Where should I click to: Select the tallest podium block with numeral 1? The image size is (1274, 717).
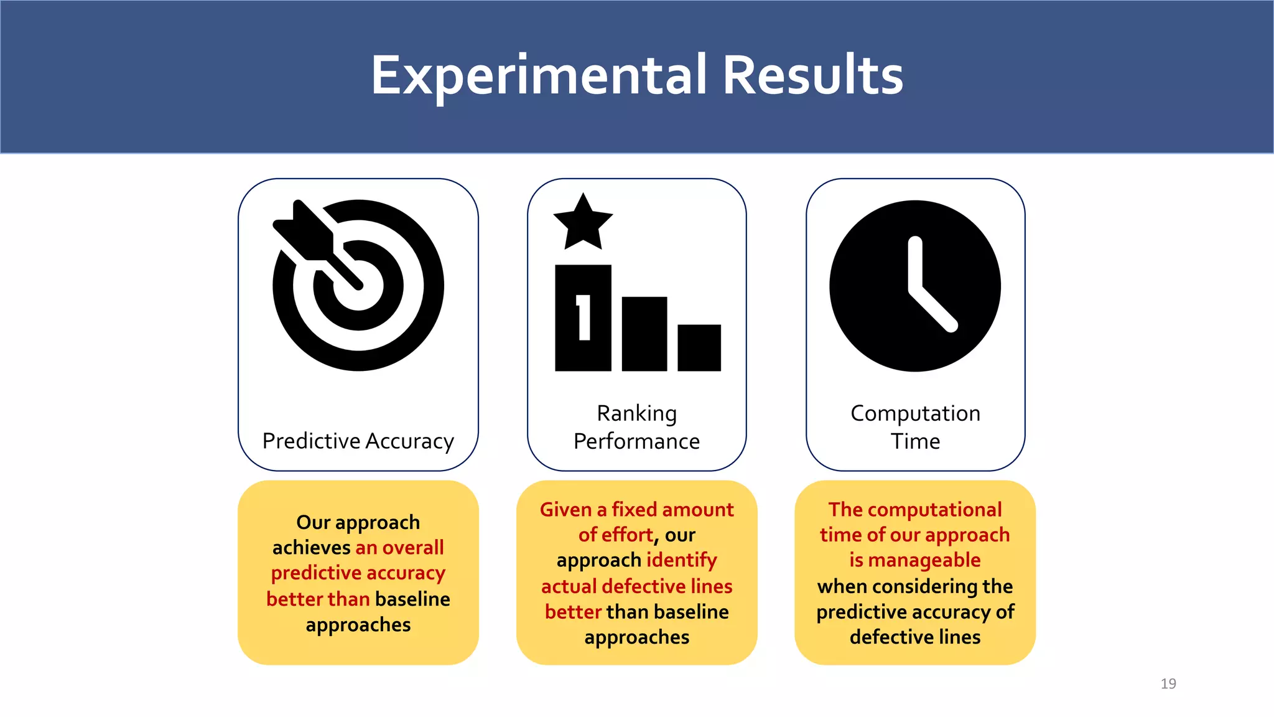(583, 318)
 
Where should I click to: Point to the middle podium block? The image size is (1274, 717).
(644, 334)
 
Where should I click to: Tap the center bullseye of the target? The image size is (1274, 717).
(358, 286)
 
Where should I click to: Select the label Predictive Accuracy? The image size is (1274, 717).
(358, 441)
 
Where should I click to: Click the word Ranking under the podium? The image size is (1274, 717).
(636, 413)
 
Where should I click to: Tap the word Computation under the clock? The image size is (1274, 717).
(915, 413)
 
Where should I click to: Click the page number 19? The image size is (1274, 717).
(1168, 683)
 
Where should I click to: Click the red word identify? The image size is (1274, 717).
(681, 560)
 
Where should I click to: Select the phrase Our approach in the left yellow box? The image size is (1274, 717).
(358, 522)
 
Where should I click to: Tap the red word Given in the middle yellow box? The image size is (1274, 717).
(565, 510)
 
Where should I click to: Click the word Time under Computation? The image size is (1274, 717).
(915, 441)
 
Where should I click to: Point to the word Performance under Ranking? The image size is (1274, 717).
(636, 441)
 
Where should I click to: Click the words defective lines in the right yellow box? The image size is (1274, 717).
(914, 637)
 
